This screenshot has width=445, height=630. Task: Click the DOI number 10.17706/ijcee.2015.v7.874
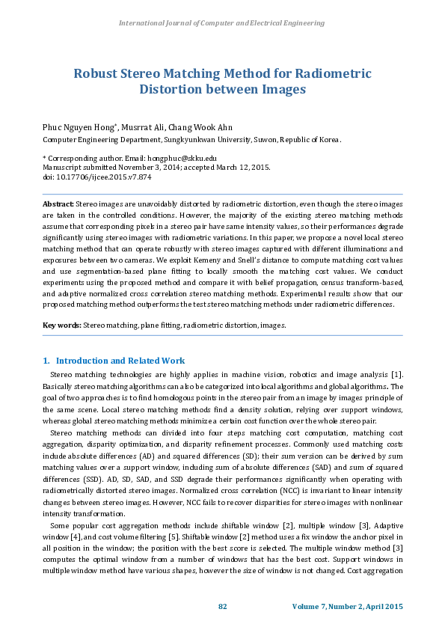coord(102,177)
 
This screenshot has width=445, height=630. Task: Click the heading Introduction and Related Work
coord(120,361)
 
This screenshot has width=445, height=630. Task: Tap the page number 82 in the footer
coord(222,605)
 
